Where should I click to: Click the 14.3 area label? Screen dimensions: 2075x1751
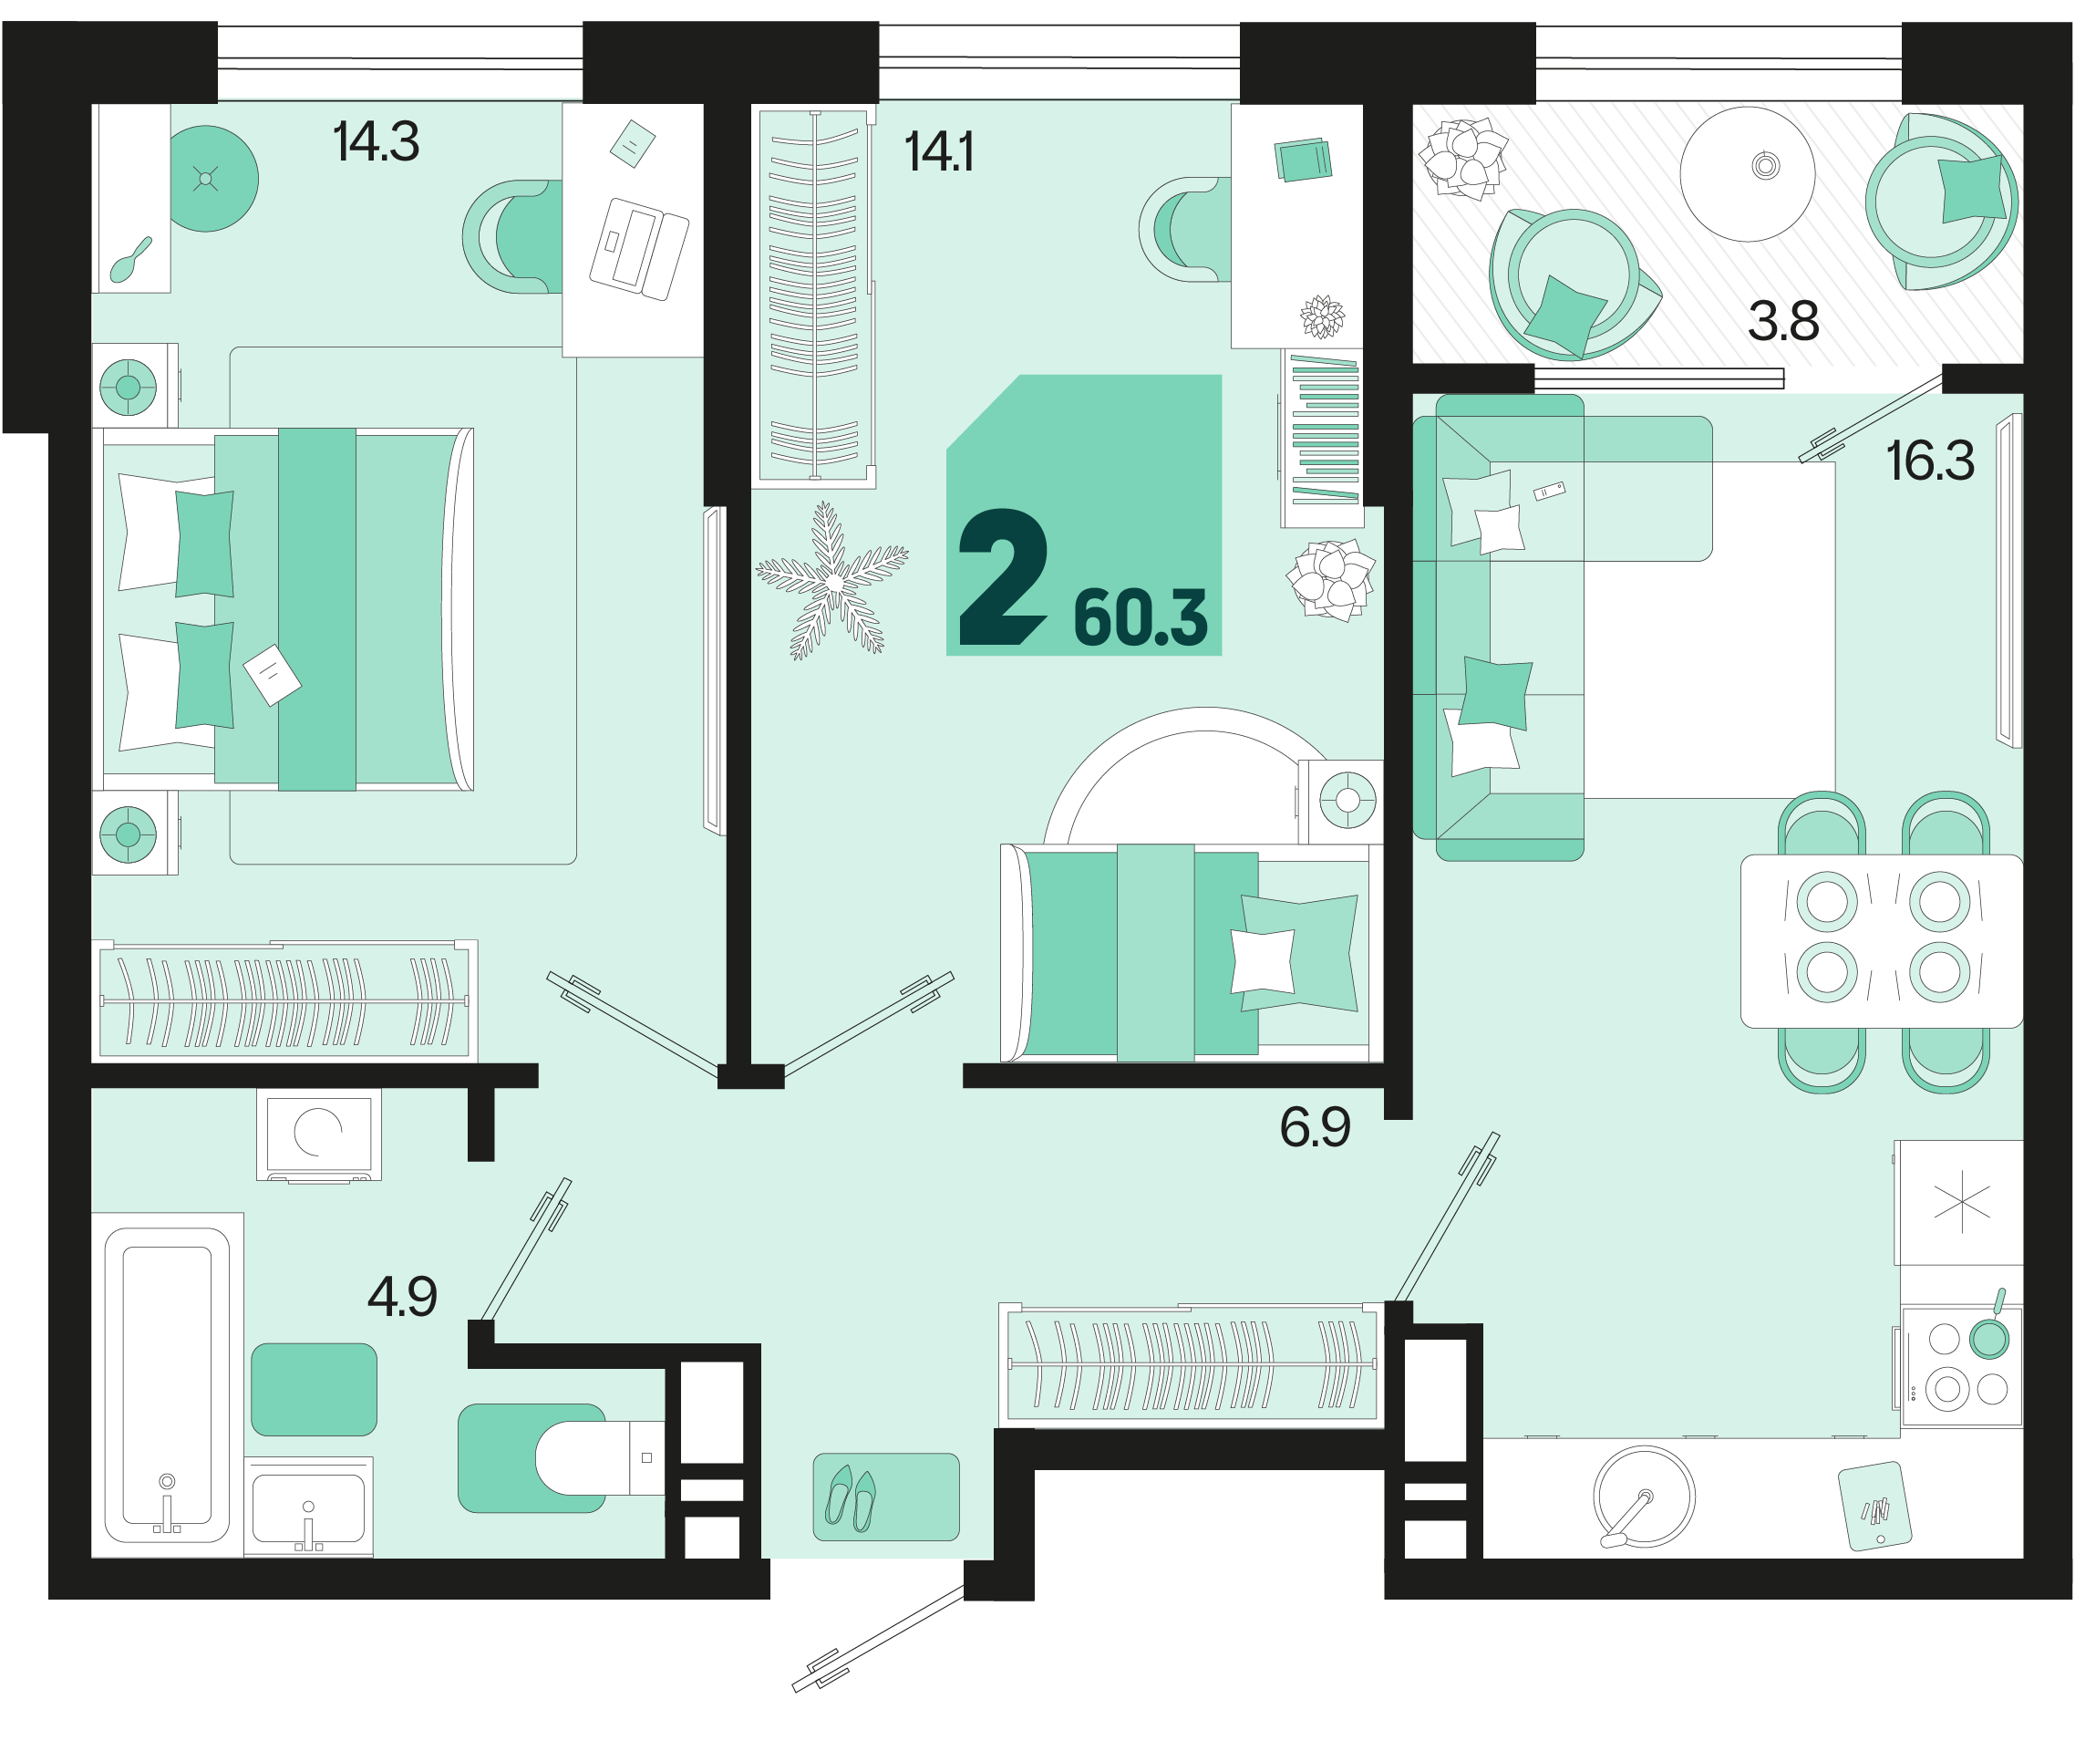pos(377,142)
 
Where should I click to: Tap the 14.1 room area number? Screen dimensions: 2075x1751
pos(939,152)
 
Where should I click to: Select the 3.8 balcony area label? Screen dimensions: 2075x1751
pos(1783,322)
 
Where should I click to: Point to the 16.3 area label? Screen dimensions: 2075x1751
pos(1930,461)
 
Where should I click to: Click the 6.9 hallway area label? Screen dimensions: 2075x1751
pos(1315,1127)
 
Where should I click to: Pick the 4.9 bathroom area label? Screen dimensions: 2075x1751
pos(402,1296)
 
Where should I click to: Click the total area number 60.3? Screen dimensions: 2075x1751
pos(1141,617)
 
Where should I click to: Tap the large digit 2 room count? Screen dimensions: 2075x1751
pos(1002,577)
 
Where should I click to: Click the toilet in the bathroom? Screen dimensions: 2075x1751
pos(599,1457)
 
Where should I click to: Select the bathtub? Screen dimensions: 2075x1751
pos(167,1384)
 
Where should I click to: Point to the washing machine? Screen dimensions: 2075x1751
pos(318,1135)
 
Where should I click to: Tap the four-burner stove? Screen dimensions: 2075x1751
pos(1962,1367)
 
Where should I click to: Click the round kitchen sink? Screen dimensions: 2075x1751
pos(1644,1496)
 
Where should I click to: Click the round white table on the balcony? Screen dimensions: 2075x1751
pos(1748,173)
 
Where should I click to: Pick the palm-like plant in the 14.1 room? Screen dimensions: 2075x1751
pos(831,582)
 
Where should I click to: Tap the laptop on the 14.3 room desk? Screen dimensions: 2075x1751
pos(639,248)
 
